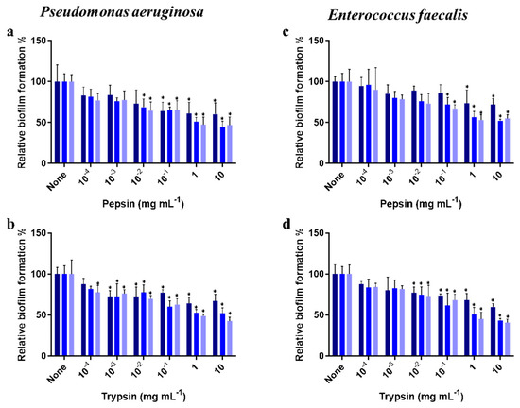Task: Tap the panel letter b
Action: (x=8, y=223)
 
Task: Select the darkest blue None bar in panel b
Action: (x=57, y=315)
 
